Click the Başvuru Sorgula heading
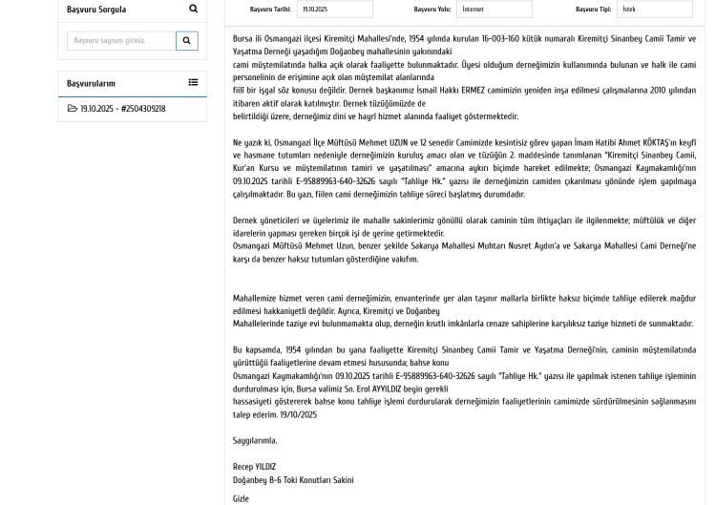pyautogui.click(x=96, y=10)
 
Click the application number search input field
pyautogui.click(x=121, y=41)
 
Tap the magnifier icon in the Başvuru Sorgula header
pyautogui.click(x=193, y=10)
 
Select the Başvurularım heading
pyautogui.click(x=91, y=84)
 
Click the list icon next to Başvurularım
pyautogui.click(x=193, y=83)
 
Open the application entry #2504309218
pyautogui.click(x=122, y=109)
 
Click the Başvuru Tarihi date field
pyautogui.click(x=334, y=10)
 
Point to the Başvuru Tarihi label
pyautogui.click(x=270, y=10)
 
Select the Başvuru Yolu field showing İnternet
pyautogui.click(x=494, y=10)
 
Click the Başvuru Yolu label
pyautogui.click(x=432, y=10)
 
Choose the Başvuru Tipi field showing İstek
pyautogui.click(x=654, y=10)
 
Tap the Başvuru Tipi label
pyautogui.click(x=593, y=10)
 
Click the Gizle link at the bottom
pyautogui.click(x=241, y=498)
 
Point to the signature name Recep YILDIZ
pyautogui.click(x=254, y=467)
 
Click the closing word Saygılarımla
pyautogui.click(x=255, y=441)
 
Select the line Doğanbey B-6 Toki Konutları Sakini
pyautogui.click(x=293, y=480)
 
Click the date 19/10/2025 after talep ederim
pyautogui.click(x=299, y=415)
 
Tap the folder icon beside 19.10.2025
pyautogui.click(x=73, y=109)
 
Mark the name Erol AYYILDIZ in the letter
pyautogui.click(x=378, y=389)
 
